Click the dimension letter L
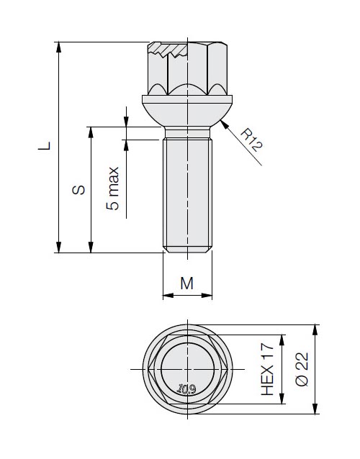coord(44,146)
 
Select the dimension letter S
coord(78,190)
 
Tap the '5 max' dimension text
coord(113,188)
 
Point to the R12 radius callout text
coord(251,140)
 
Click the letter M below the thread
coord(187,283)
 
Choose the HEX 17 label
coord(267,369)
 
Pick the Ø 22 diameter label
coord(302,369)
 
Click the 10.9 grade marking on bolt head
coord(187,389)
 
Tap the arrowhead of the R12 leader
coord(224,124)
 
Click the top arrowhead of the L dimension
coord(59,47)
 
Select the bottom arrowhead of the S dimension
coord(91,247)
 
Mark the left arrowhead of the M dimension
coord(168,296)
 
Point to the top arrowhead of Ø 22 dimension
coord(315,330)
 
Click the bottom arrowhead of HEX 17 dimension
coord(282,399)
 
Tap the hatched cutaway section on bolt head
coord(168,49)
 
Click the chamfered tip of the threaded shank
coord(187,250)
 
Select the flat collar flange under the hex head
coord(187,99)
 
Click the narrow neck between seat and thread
coord(187,132)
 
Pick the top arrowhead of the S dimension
coord(91,132)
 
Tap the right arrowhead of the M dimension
coord(207,296)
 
